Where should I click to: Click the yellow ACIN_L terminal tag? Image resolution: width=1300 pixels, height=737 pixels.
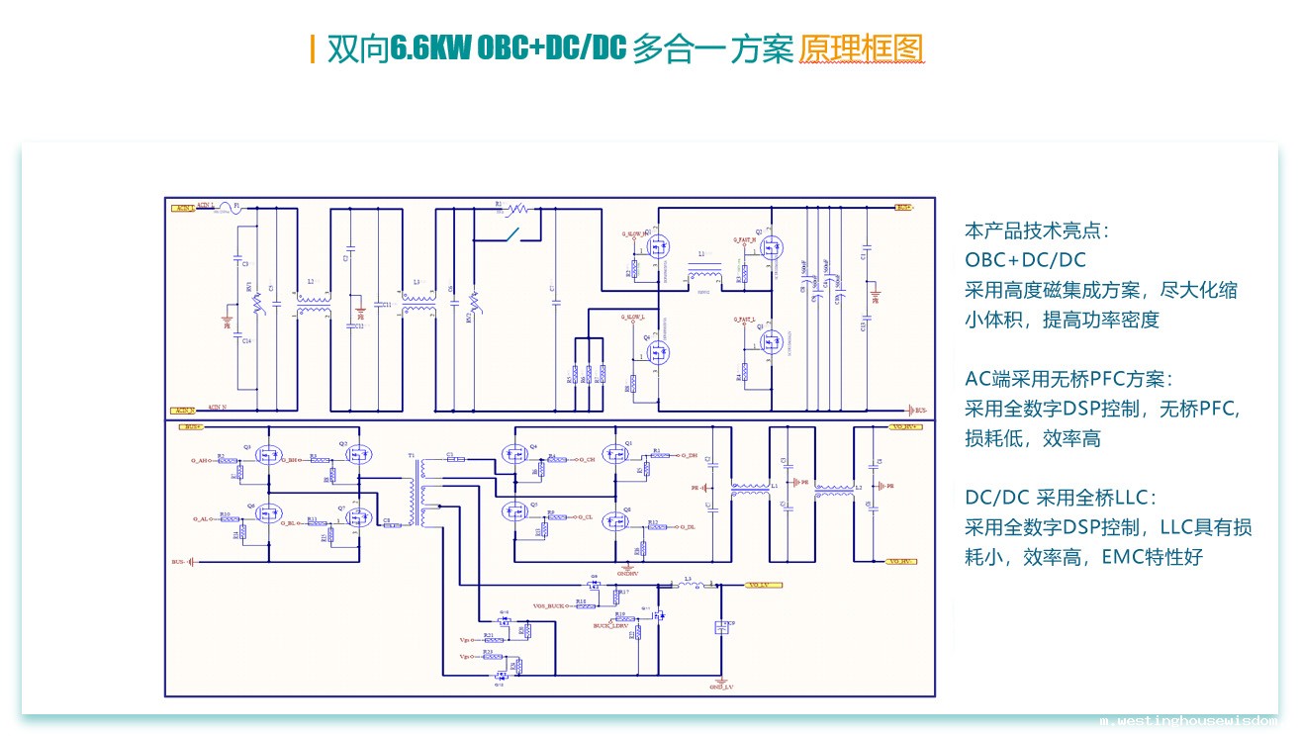click(183, 209)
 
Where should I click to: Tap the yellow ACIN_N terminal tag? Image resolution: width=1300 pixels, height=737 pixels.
click(183, 411)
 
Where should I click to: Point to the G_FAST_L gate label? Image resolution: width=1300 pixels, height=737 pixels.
click(745, 320)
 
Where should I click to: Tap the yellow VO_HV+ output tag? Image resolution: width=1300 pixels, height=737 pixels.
click(905, 426)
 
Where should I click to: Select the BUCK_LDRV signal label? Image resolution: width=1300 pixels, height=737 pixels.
click(611, 625)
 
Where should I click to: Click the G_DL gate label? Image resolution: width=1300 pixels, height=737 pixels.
click(687, 526)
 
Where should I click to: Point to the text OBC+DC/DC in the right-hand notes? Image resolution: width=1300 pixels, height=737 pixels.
click(1025, 260)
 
